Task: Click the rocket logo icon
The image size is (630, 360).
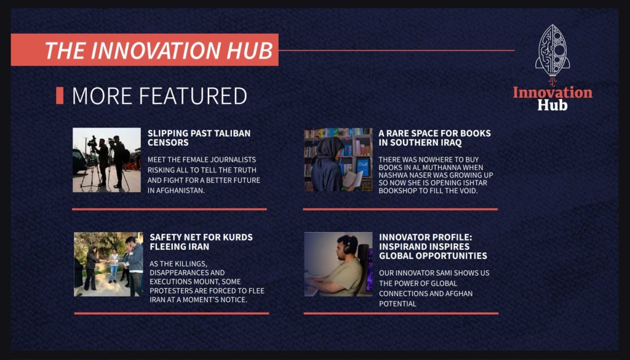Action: pos(552,52)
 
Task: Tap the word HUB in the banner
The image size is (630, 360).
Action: pos(250,50)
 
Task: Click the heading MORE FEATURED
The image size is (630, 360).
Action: pos(159,95)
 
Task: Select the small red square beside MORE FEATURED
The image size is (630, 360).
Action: pos(60,95)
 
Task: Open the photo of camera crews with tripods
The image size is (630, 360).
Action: pos(107,160)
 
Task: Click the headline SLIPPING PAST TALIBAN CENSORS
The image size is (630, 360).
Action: pos(199,138)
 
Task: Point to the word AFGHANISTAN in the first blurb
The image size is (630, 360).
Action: pos(176,190)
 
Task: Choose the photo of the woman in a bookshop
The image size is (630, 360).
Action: pos(338,160)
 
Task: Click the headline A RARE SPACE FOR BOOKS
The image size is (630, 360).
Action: pos(434,133)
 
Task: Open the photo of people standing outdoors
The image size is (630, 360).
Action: pos(108,265)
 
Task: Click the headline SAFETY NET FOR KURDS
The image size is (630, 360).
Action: pos(201,237)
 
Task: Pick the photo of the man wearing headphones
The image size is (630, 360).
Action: pos(338,265)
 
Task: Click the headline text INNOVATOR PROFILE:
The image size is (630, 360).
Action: pos(426,237)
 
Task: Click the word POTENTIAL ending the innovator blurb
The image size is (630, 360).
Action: pos(398,304)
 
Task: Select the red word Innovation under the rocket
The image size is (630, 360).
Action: pos(552,92)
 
